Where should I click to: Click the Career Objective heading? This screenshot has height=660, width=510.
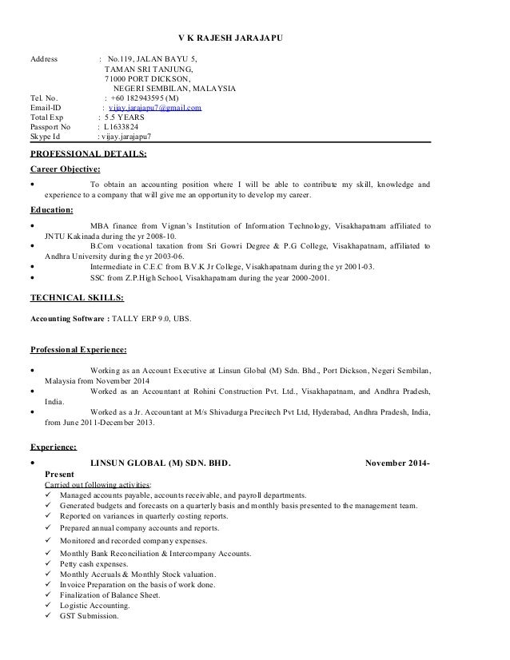(x=65, y=169)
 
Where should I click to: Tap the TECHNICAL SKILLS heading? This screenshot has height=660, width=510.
(x=77, y=296)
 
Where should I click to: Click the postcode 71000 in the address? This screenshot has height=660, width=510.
(x=118, y=78)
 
